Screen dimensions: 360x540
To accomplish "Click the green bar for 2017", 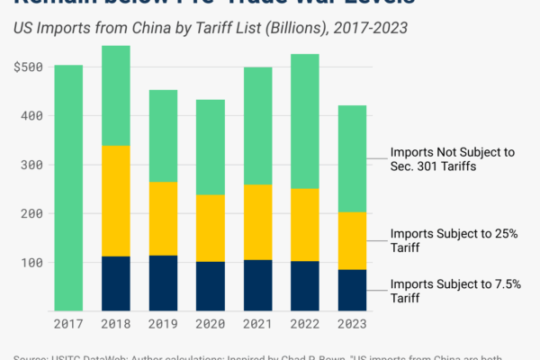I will pos(68,188).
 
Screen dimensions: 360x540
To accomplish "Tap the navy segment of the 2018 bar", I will pos(115,283).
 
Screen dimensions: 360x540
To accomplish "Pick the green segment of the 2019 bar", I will pos(162,136).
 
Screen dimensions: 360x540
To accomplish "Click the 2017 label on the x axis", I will pos(68,322).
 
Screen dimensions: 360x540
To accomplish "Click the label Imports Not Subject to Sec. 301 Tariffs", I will pos(452,159).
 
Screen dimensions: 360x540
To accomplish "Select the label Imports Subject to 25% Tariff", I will pos(454,241).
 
